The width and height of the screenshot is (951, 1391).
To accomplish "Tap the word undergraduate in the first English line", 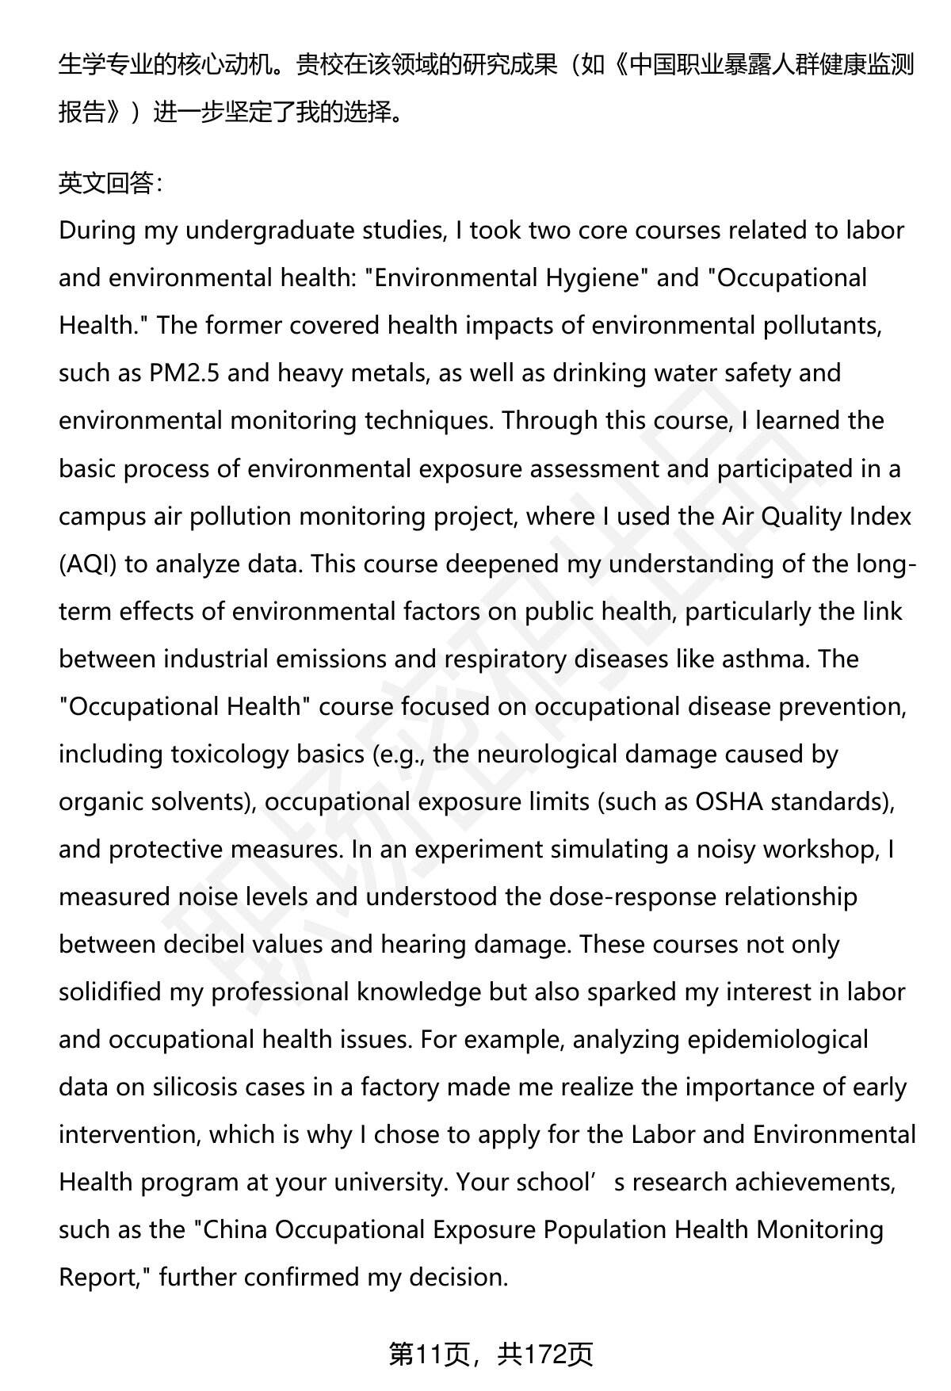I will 262,231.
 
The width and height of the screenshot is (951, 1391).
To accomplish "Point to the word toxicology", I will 229,755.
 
